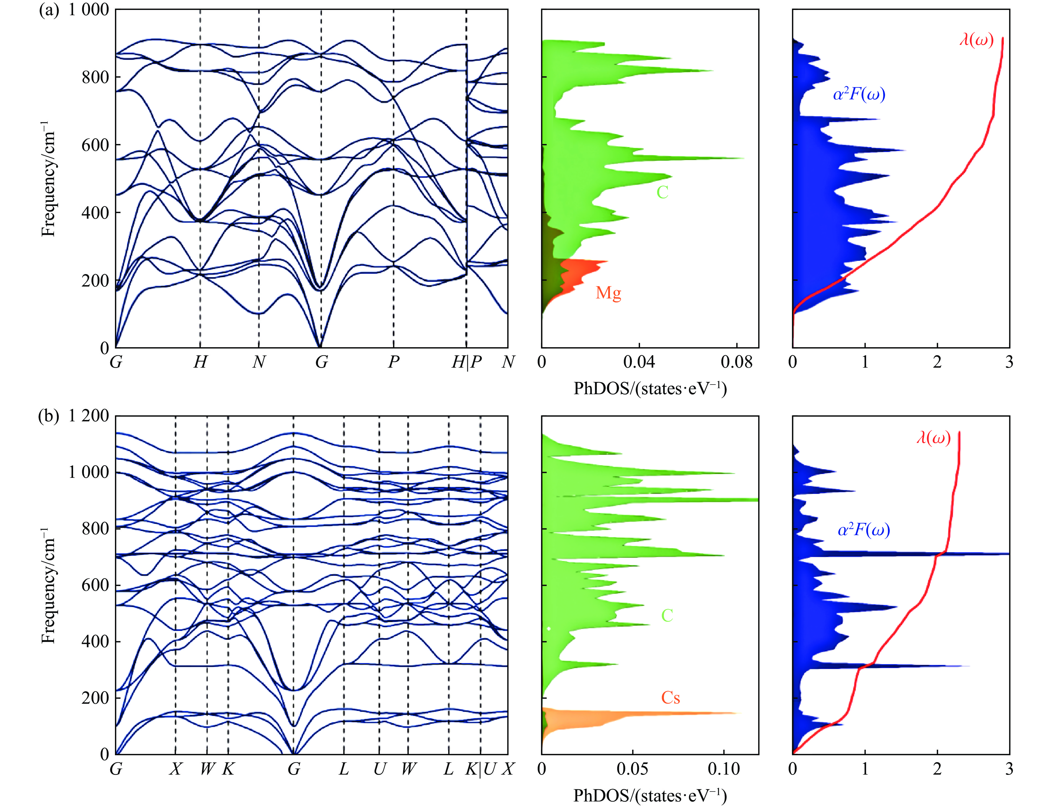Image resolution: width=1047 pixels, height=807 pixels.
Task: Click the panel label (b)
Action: tap(48, 416)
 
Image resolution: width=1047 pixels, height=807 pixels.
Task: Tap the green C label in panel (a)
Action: tap(662, 192)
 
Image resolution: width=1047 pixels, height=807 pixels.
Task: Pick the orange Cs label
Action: tap(670, 698)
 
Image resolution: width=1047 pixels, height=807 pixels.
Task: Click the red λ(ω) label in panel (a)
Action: tap(976, 40)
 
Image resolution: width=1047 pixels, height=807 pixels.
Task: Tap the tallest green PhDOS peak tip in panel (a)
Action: tap(743, 158)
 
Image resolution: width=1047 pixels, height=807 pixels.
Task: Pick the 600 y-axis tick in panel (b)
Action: tap(95, 585)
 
